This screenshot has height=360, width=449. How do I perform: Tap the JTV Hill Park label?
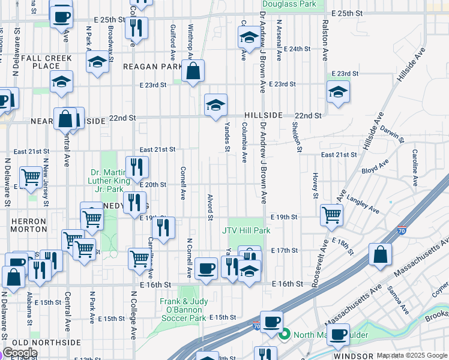coord(246,230)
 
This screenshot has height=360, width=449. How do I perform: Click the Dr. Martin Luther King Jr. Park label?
coord(109,183)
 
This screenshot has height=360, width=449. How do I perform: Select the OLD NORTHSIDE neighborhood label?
coord(43,342)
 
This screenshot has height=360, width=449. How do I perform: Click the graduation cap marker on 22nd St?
coord(215,105)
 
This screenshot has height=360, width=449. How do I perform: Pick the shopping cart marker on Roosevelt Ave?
coord(331,214)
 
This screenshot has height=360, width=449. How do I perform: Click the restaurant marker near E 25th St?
coord(136,27)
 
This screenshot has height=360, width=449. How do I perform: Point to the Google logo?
coord(20,353)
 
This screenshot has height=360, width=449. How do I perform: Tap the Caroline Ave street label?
coord(415,171)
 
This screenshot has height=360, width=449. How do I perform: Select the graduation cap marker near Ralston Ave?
coord(338,92)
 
